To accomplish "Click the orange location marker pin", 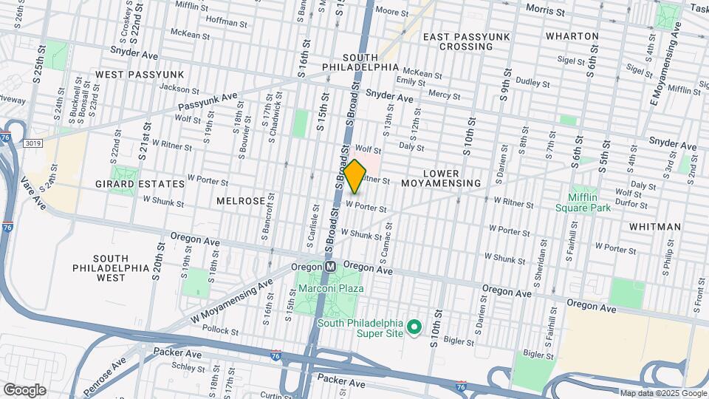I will [x=354, y=176].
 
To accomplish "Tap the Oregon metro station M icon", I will [x=331, y=266].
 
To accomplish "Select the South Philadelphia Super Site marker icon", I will [x=414, y=326].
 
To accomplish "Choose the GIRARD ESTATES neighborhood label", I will [x=140, y=183].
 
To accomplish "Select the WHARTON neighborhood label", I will [x=572, y=35].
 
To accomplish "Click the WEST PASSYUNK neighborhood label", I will [x=140, y=75].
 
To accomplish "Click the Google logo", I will [x=24, y=390].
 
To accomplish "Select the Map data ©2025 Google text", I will [x=662, y=393].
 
